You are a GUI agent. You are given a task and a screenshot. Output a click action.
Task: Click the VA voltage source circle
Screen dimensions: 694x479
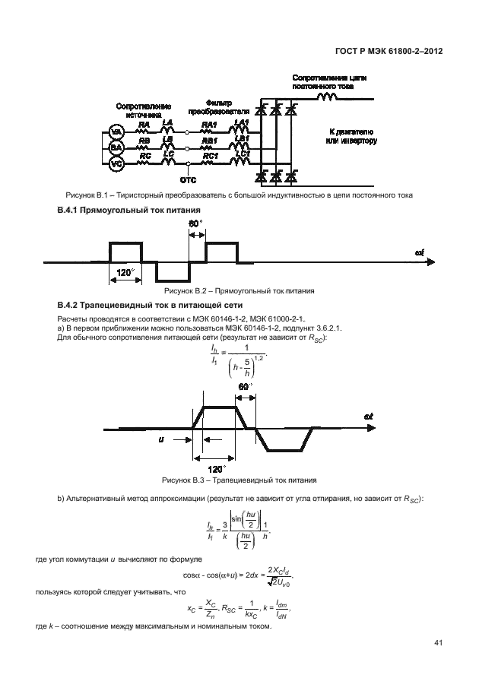[x=116, y=132]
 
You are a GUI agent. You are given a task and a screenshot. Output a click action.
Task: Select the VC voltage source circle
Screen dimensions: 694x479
[x=116, y=163]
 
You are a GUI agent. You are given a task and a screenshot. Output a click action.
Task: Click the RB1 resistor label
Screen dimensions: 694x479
[x=210, y=141]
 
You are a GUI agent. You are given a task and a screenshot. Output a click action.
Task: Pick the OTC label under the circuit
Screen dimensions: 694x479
[x=188, y=180]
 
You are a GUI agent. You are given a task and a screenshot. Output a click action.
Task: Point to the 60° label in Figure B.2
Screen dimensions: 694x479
[x=195, y=224]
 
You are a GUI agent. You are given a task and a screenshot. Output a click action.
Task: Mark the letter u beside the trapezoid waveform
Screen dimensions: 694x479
[x=160, y=439]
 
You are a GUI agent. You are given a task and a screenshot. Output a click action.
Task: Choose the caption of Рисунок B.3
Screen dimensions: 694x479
[x=239, y=481]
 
